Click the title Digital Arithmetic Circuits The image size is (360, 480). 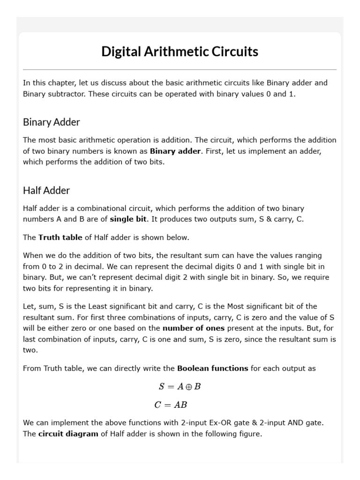[180, 52]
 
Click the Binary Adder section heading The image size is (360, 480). [52, 122]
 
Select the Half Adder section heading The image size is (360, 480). [46, 190]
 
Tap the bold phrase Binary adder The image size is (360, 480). [175, 151]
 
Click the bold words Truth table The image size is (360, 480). [60, 237]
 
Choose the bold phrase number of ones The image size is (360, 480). [194, 328]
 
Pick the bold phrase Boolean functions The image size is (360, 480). [213, 368]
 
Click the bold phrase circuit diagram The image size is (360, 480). [68, 434]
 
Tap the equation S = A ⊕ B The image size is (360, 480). [180, 387]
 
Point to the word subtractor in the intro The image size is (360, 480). [68, 94]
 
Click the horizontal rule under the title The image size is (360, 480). [180, 69]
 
